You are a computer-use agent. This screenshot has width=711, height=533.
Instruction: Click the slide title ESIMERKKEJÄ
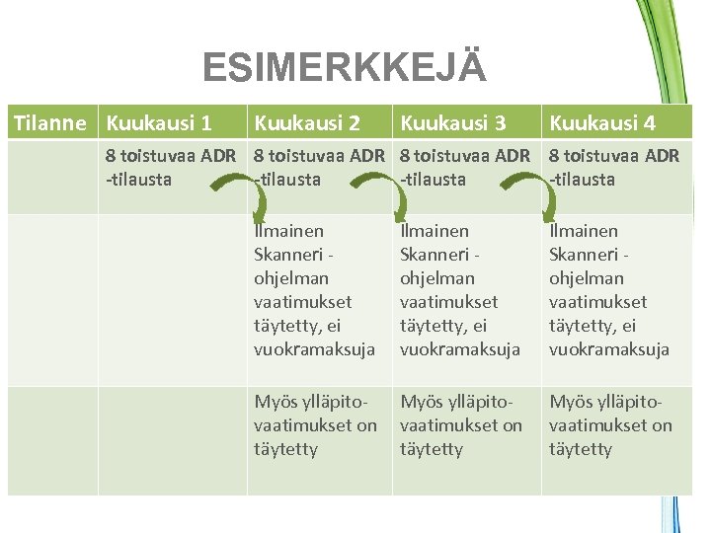click(344, 68)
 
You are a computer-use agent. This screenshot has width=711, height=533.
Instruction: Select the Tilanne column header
click(54, 123)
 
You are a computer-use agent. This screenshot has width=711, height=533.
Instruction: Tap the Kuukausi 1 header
click(158, 123)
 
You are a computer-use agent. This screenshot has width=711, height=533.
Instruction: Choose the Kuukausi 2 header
click(307, 123)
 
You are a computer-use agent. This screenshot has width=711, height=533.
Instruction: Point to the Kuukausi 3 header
click(452, 123)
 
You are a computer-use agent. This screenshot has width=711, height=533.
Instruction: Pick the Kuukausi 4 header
click(601, 123)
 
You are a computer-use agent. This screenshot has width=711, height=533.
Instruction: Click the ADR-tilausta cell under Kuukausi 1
click(170, 167)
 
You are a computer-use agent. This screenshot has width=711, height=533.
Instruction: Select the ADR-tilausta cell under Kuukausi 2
click(318, 167)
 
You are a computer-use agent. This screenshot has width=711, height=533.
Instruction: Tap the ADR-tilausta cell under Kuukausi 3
click(464, 167)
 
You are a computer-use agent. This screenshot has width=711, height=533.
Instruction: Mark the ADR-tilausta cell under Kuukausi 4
click(613, 167)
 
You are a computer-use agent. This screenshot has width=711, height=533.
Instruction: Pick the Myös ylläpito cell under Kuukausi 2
click(315, 425)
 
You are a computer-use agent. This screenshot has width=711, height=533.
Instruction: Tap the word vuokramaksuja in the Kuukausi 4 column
click(609, 348)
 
